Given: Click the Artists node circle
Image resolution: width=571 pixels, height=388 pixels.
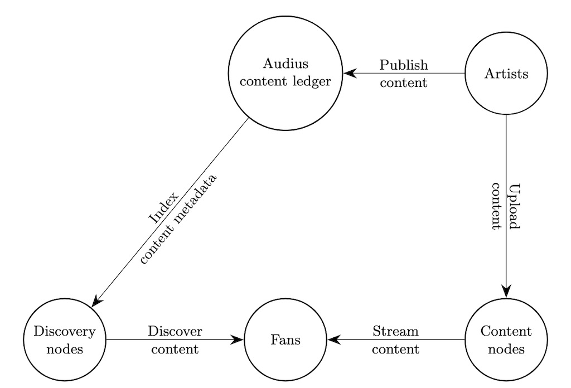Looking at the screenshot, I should point(506,73).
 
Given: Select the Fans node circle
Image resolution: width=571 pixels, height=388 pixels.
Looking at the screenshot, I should point(285,339).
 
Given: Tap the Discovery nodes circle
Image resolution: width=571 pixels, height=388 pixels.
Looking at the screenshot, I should point(65,339).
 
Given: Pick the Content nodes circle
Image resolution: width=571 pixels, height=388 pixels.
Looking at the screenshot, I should point(506,339).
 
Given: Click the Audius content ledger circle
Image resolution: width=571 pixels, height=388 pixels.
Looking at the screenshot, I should point(285,73).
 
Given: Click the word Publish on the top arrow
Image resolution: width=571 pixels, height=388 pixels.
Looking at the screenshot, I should point(404,65).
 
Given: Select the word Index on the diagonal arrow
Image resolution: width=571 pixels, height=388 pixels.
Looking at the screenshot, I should point(163,208).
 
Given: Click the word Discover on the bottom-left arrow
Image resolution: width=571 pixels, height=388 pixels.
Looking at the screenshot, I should point(175,332).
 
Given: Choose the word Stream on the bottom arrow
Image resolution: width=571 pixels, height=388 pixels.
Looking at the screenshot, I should point(395,332).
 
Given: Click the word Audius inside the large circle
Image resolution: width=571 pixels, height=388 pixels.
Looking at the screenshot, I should point(285,64).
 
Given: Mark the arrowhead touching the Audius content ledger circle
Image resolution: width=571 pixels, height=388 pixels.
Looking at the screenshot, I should point(349,73).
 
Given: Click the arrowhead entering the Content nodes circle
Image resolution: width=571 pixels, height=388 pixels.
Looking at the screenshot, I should point(506,292).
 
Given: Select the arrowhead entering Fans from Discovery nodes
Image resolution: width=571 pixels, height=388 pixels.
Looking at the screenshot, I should point(238,339).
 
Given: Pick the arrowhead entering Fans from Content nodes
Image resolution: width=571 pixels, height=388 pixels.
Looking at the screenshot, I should point(333,339).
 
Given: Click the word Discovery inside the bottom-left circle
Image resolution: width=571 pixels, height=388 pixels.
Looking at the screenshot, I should point(65,332).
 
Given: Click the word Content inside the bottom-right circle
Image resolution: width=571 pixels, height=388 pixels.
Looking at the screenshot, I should point(506,332).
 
